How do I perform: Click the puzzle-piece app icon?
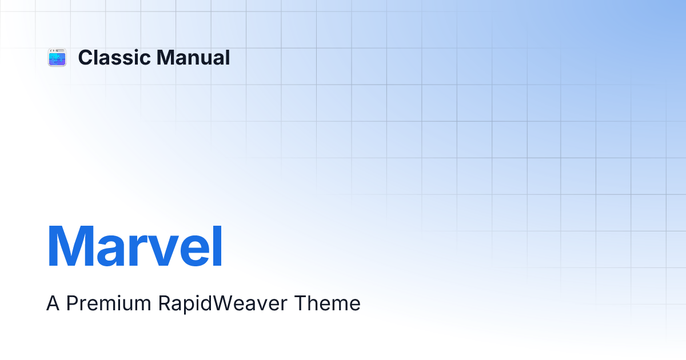click(57, 57)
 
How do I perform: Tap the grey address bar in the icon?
click(59, 50)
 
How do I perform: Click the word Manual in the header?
click(193, 57)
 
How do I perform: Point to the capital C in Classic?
click(85, 57)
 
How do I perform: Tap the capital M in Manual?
click(165, 57)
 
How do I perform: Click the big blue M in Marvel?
click(70, 246)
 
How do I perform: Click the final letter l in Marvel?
click(217, 246)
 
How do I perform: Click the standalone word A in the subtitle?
click(53, 303)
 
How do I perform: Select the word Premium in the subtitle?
click(109, 303)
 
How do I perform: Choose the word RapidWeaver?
click(222, 304)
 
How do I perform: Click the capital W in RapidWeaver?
click(224, 303)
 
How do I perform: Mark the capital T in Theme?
click(301, 303)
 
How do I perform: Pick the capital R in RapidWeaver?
click(165, 303)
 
